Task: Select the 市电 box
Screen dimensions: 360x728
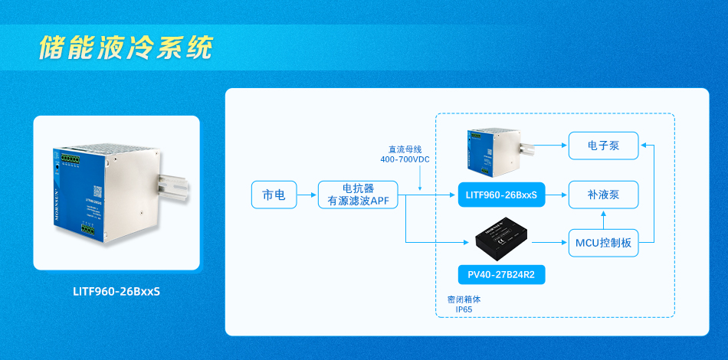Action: (x=274, y=195)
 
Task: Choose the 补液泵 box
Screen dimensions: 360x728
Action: (x=603, y=195)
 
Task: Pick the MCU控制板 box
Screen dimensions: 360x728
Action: (x=603, y=244)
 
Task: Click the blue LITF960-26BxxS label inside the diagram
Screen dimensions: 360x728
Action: (x=501, y=196)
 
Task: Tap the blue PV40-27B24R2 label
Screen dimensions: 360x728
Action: (x=501, y=273)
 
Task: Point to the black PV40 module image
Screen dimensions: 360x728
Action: (x=501, y=238)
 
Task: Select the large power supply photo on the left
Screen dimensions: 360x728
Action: (x=116, y=192)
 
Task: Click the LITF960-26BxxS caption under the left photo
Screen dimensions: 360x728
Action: (x=116, y=291)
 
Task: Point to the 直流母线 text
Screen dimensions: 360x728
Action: (x=404, y=149)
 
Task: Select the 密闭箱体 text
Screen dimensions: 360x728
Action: (x=463, y=299)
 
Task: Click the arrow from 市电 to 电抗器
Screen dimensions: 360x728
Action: (x=307, y=195)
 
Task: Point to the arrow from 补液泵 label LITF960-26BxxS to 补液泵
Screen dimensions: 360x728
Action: (x=555, y=195)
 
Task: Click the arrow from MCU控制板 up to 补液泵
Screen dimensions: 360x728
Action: (x=603, y=219)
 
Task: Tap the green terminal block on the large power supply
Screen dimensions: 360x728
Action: (x=71, y=159)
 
